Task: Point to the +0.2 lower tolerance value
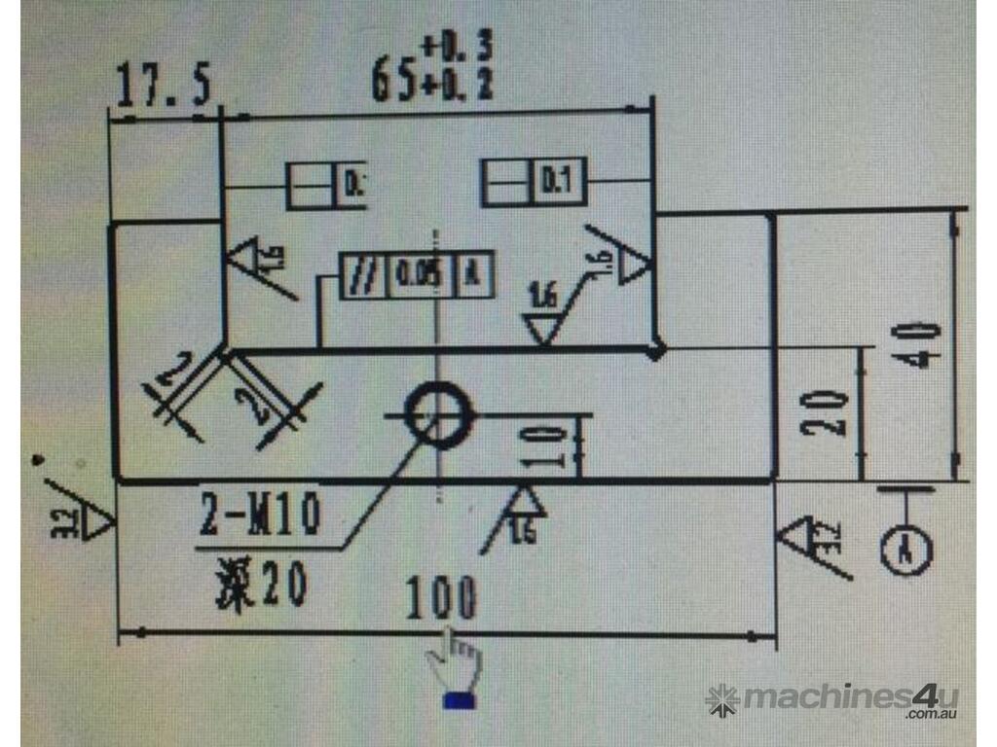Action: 457,86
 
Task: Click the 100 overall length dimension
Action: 441,597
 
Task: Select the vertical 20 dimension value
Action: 827,413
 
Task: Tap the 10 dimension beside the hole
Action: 552,445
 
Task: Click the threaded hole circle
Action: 437,413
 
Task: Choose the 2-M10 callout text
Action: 261,516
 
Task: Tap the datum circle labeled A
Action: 906,551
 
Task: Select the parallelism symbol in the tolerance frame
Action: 363,275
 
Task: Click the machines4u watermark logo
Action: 832,698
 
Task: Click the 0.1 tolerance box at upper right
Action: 556,182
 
